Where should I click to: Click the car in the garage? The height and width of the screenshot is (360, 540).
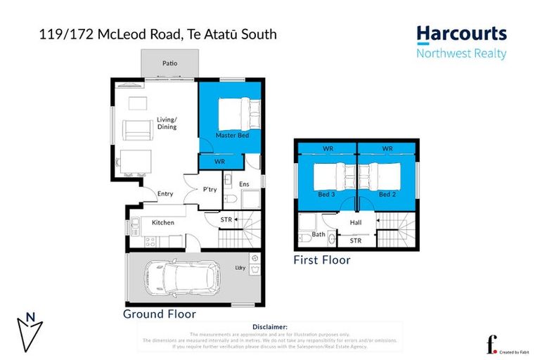(184, 279)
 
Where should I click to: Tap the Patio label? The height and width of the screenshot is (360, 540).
(169, 63)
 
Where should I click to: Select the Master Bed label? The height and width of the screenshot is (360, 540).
(231, 135)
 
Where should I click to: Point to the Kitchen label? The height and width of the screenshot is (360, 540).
(163, 223)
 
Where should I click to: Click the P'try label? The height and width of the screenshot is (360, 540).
(210, 189)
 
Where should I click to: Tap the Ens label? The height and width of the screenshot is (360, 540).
(244, 185)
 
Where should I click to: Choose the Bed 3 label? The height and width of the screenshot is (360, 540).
(326, 194)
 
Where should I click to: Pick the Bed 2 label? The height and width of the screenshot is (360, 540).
(386, 194)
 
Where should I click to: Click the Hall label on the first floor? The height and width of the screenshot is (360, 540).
(356, 223)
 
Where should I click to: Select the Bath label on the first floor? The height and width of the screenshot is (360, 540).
(319, 234)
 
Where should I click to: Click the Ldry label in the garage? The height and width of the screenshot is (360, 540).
(240, 268)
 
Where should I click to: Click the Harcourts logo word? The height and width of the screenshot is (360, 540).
(461, 34)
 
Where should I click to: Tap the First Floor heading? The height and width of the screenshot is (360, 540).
(321, 260)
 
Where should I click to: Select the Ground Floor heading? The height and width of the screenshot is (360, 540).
(159, 314)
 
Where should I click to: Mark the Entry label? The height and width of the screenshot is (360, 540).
(165, 194)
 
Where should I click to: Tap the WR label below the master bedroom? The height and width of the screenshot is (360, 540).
(219, 162)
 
